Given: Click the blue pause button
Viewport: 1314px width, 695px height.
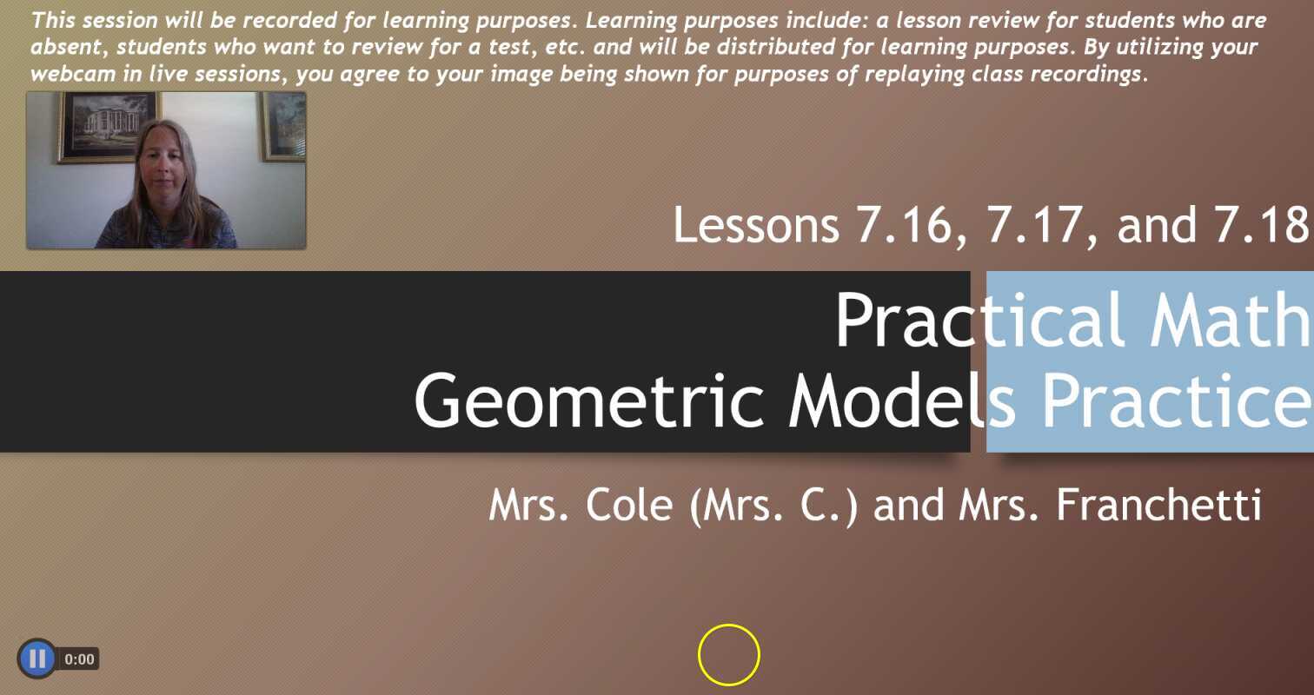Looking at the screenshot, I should (x=36, y=659).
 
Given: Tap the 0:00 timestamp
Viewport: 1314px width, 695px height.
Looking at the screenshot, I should (x=79, y=659).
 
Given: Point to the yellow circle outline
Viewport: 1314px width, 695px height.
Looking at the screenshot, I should (x=728, y=655).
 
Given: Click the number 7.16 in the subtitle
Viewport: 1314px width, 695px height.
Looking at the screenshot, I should (x=905, y=225).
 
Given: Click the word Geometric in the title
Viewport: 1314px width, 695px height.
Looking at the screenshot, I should (x=593, y=400).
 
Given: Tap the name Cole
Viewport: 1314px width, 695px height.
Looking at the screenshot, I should (x=629, y=505).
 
